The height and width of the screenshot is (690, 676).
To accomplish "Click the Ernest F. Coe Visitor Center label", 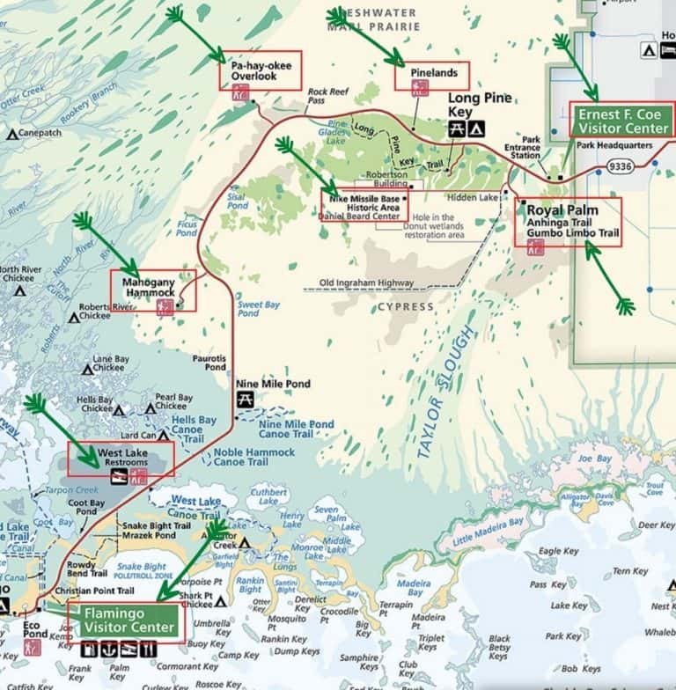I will click(622, 119).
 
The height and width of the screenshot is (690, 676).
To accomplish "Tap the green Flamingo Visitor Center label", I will click(129, 620).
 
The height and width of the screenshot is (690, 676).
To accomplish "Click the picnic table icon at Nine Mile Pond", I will click(246, 400).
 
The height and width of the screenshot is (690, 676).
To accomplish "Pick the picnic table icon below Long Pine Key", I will click(456, 129).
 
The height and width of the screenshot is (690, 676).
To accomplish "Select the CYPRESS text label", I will click(405, 307).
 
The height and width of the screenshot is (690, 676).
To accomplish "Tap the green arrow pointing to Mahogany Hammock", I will click(107, 246).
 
